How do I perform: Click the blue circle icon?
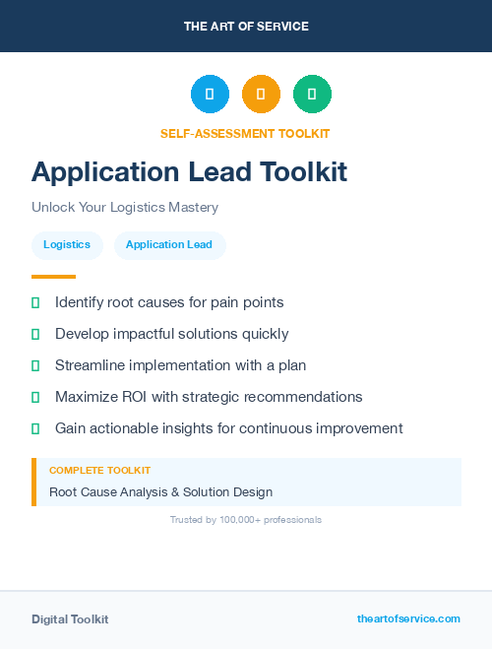pos(210,95)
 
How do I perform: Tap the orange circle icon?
pos(261,95)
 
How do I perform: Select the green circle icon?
pos(312,95)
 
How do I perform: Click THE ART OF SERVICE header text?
pos(246,27)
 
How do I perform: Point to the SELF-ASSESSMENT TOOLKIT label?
pos(245,133)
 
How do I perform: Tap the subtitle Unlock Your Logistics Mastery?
pos(125,208)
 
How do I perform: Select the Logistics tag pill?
pos(67,245)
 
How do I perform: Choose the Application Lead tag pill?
pos(169,245)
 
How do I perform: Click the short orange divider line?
pos(53,277)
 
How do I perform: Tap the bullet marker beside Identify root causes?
pos(35,302)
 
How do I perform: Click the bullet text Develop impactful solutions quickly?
pos(172,334)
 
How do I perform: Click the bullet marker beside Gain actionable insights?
pos(35,428)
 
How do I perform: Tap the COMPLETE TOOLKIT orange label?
pos(99,471)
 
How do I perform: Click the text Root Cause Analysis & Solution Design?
pos(160,491)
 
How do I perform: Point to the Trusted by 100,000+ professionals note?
pos(246,519)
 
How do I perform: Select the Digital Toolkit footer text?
pos(70,619)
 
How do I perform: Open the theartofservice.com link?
pos(408,618)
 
